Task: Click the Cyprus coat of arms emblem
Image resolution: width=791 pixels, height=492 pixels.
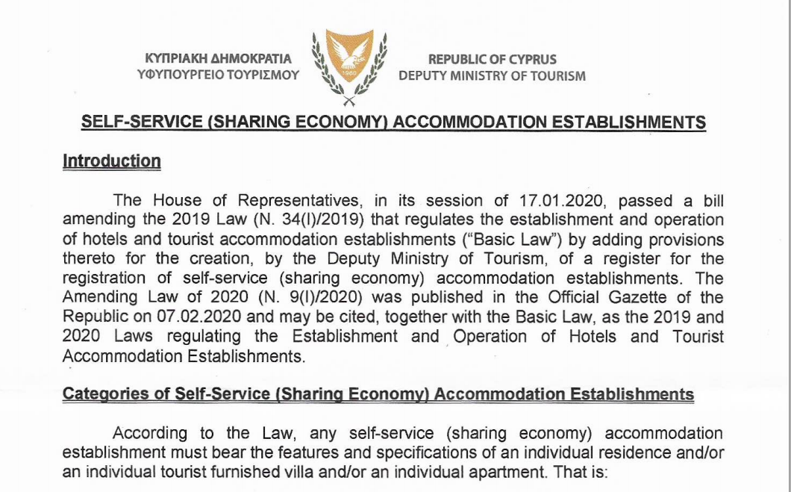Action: (x=348, y=66)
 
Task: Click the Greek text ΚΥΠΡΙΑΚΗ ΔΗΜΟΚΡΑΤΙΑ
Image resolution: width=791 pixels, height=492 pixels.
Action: (x=219, y=59)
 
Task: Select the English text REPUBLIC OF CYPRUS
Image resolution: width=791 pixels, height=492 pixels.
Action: (x=492, y=59)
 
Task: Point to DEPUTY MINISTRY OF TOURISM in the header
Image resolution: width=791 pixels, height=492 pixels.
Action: (x=492, y=75)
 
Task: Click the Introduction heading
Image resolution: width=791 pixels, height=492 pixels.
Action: (x=112, y=161)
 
